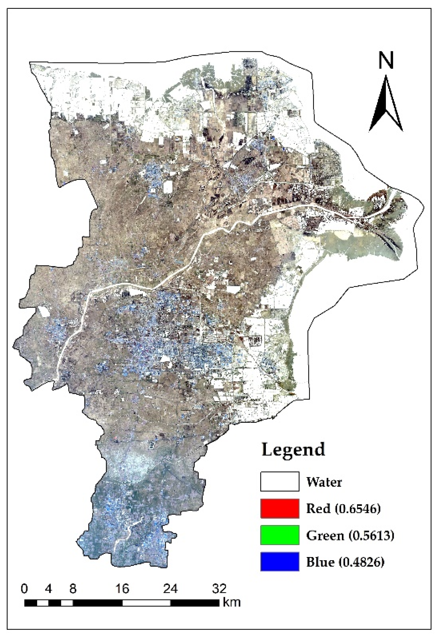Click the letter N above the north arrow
pos(386,61)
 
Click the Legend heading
pos(293,450)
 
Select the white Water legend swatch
pos(279,481)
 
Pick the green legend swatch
pos(279,535)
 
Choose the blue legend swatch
pos(279,561)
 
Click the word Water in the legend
pos(324,482)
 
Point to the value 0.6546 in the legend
pos(358,509)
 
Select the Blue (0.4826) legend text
pos(345,562)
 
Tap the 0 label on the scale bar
pos(25,589)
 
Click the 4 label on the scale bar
pos(49,589)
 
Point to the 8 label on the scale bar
pos(73,589)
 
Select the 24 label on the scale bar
pos(170,589)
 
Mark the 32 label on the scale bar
pos(219,589)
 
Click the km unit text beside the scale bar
pos(232,603)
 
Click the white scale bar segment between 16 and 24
pos(146,603)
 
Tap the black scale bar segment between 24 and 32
pos(195,603)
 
